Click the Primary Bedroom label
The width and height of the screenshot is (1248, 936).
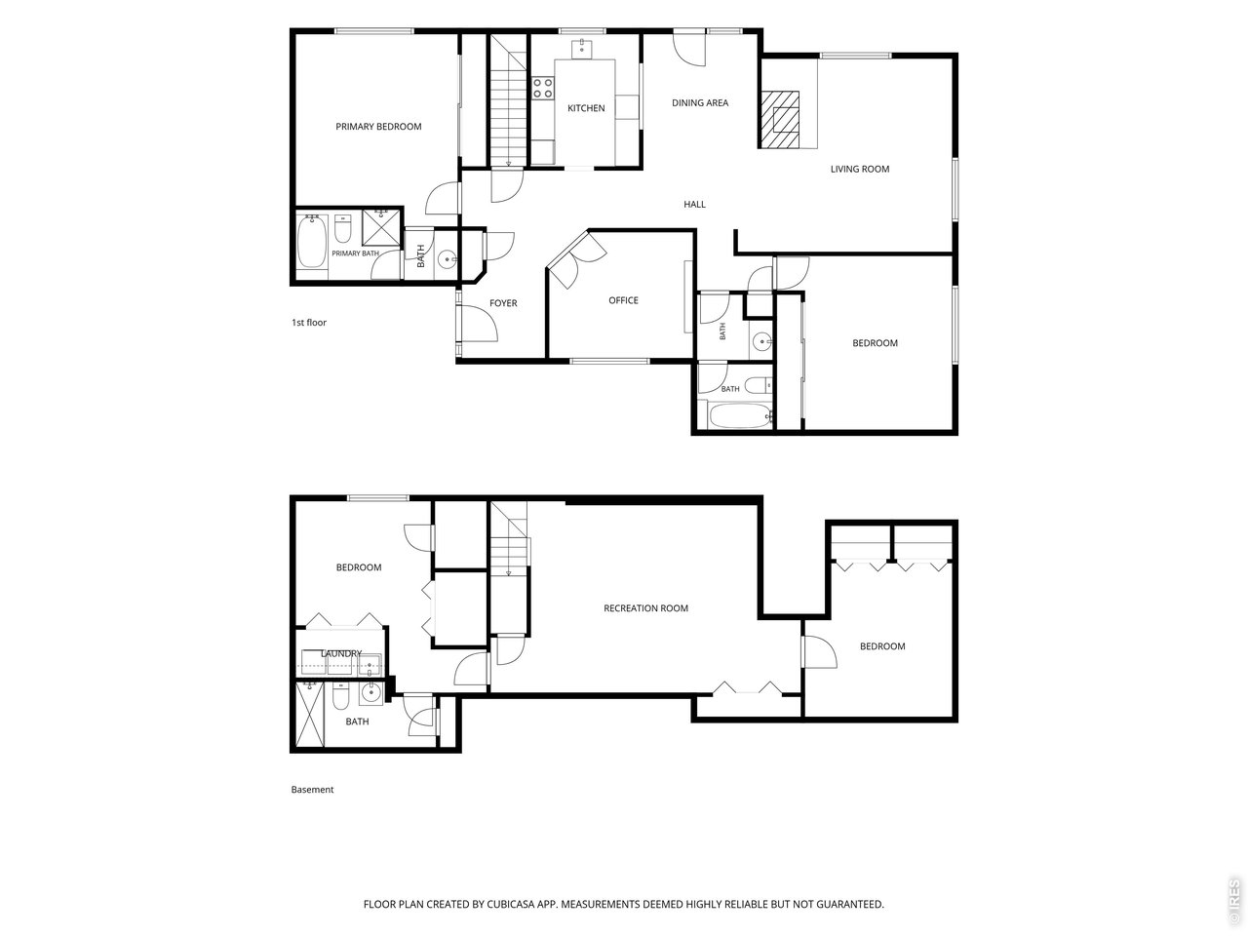point(378,127)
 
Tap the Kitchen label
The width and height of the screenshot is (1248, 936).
point(586,108)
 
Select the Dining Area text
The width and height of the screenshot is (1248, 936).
point(700,103)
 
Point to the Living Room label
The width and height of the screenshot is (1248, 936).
point(860,169)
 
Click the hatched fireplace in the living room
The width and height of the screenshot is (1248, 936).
point(779,119)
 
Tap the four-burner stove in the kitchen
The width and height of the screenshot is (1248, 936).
point(543,89)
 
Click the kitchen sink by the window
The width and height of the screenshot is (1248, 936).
point(583,49)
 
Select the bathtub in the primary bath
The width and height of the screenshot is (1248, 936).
point(312,242)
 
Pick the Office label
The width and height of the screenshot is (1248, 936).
point(623,300)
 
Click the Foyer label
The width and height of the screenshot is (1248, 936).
point(503,303)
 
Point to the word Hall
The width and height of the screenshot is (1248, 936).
point(694,205)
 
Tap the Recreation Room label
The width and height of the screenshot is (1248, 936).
point(645,608)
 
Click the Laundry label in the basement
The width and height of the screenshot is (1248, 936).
point(341,653)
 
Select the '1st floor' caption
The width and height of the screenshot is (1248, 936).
point(309,322)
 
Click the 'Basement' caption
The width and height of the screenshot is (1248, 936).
point(312,790)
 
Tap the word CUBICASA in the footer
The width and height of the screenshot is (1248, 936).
point(511,904)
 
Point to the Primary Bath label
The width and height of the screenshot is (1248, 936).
point(355,253)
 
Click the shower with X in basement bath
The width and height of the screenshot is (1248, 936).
point(310,716)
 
